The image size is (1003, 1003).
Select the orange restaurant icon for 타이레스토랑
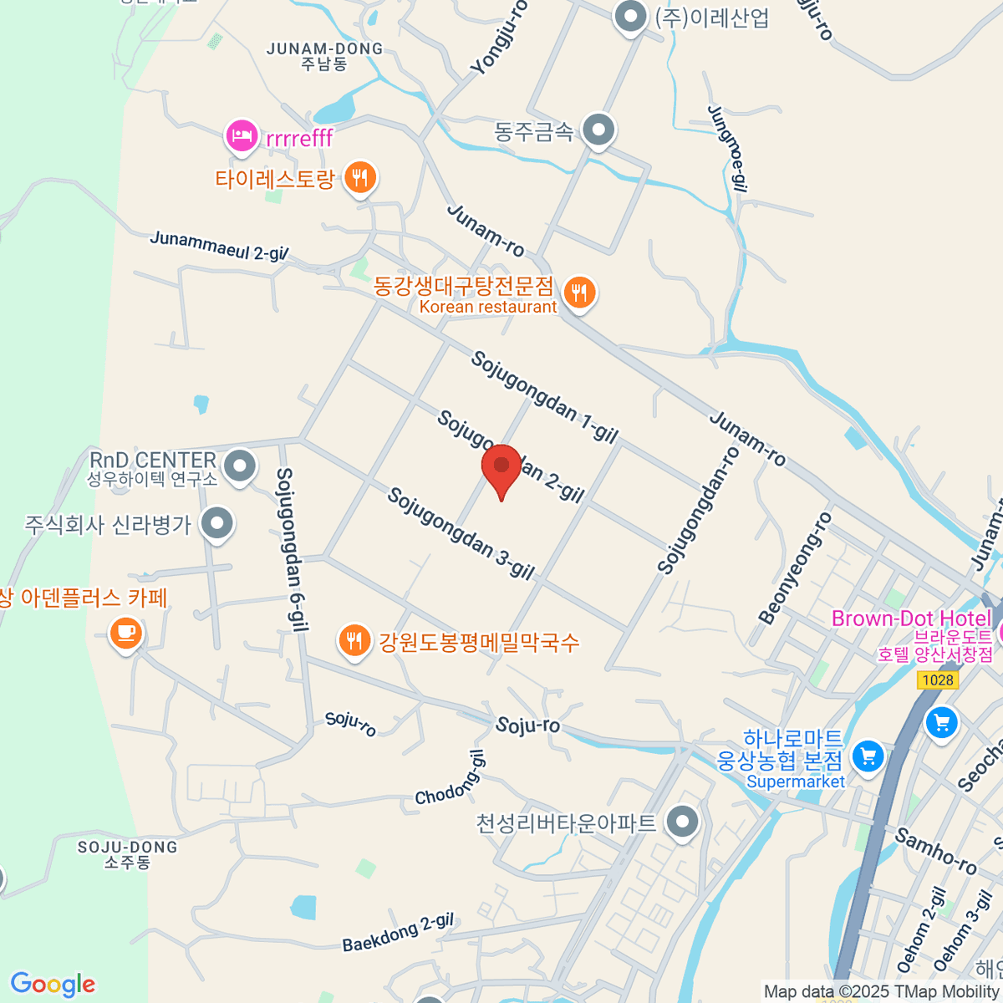[x=360, y=178]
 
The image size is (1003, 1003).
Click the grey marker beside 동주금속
[x=598, y=131]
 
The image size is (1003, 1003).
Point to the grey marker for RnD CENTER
[x=241, y=466]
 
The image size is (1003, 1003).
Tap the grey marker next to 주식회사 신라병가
[x=218, y=525]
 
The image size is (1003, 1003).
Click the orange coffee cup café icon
[x=126, y=633]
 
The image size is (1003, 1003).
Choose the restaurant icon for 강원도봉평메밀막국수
[x=355, y=642]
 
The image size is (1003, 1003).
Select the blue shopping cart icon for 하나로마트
[x=868, y=757]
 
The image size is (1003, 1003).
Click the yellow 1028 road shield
[x=937, y=680]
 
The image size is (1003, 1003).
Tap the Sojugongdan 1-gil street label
[x=544, y=397]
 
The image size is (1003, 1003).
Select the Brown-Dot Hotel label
[x=911, y=619]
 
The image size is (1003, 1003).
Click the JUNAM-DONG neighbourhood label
[x=324, y=48]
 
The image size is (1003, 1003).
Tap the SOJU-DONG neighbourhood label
[x=128, y=848]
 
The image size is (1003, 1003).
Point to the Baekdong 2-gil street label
[x=398, y=933]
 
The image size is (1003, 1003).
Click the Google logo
[x=53, y=984]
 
